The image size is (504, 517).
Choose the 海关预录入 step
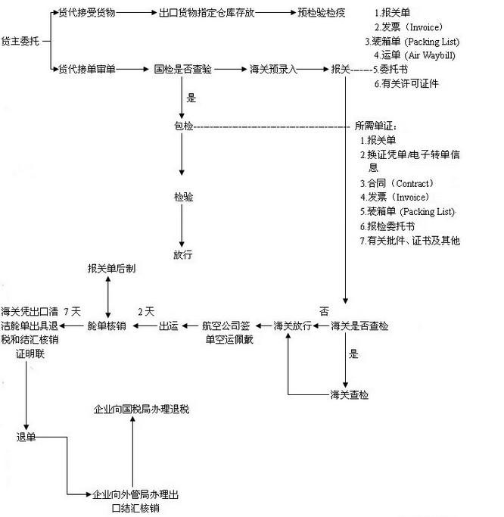tap(273, 69)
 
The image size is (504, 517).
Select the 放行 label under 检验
tap(182, 254)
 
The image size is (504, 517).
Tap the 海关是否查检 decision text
tap(360, 326)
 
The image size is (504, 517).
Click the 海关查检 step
tap(350, 395)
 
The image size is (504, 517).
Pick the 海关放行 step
tap(292, 326)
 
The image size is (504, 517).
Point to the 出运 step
tap(168, 326)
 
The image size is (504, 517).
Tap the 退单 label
tap(26, 437)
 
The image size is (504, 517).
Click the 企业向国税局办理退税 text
tap(141, 410)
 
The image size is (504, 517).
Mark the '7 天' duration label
tap(73, 311)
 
